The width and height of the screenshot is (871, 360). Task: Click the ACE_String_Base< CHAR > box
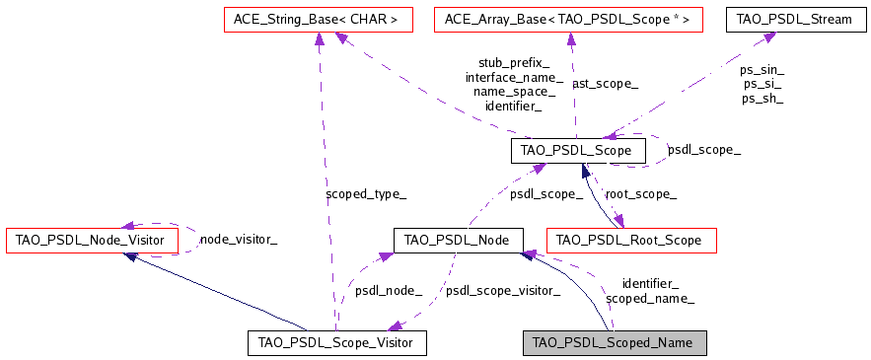[x=310, y=18]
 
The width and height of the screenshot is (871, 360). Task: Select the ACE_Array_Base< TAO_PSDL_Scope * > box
[x=568, y=18]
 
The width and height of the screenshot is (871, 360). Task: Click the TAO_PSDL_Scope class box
[x=578, y=151]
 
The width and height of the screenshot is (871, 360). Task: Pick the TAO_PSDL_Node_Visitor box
[x=92, y=240]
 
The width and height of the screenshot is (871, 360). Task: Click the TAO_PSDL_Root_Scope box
[x=629, y=240]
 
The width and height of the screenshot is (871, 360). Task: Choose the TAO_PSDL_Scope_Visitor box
[x=336, y=342]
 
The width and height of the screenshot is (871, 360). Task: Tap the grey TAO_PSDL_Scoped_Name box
[x=615, y=342]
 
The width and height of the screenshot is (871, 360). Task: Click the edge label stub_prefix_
[x=513, y=62]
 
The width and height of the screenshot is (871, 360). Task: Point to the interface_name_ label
[x=513, y=77]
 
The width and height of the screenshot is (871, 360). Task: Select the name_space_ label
[x=513, y=91]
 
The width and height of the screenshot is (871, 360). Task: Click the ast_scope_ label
[x=605, y=84]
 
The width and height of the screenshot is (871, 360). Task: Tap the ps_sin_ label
[x=762, y=70]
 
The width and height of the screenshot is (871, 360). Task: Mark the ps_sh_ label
[x=762, y=98]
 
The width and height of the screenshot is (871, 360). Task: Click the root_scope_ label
[x=640, y=194]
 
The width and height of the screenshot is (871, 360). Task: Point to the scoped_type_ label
[x=365, y=194]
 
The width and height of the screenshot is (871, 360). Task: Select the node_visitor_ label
[x=238, y=239]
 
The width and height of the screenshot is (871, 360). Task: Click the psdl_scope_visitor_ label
[x=502, y=291]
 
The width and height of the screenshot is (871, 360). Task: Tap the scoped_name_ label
[x=649, y=298]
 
